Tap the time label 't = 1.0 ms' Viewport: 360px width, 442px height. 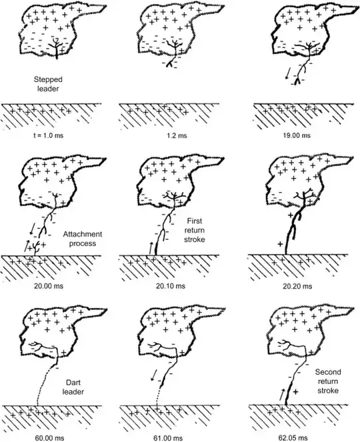click(x=47, y=136)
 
